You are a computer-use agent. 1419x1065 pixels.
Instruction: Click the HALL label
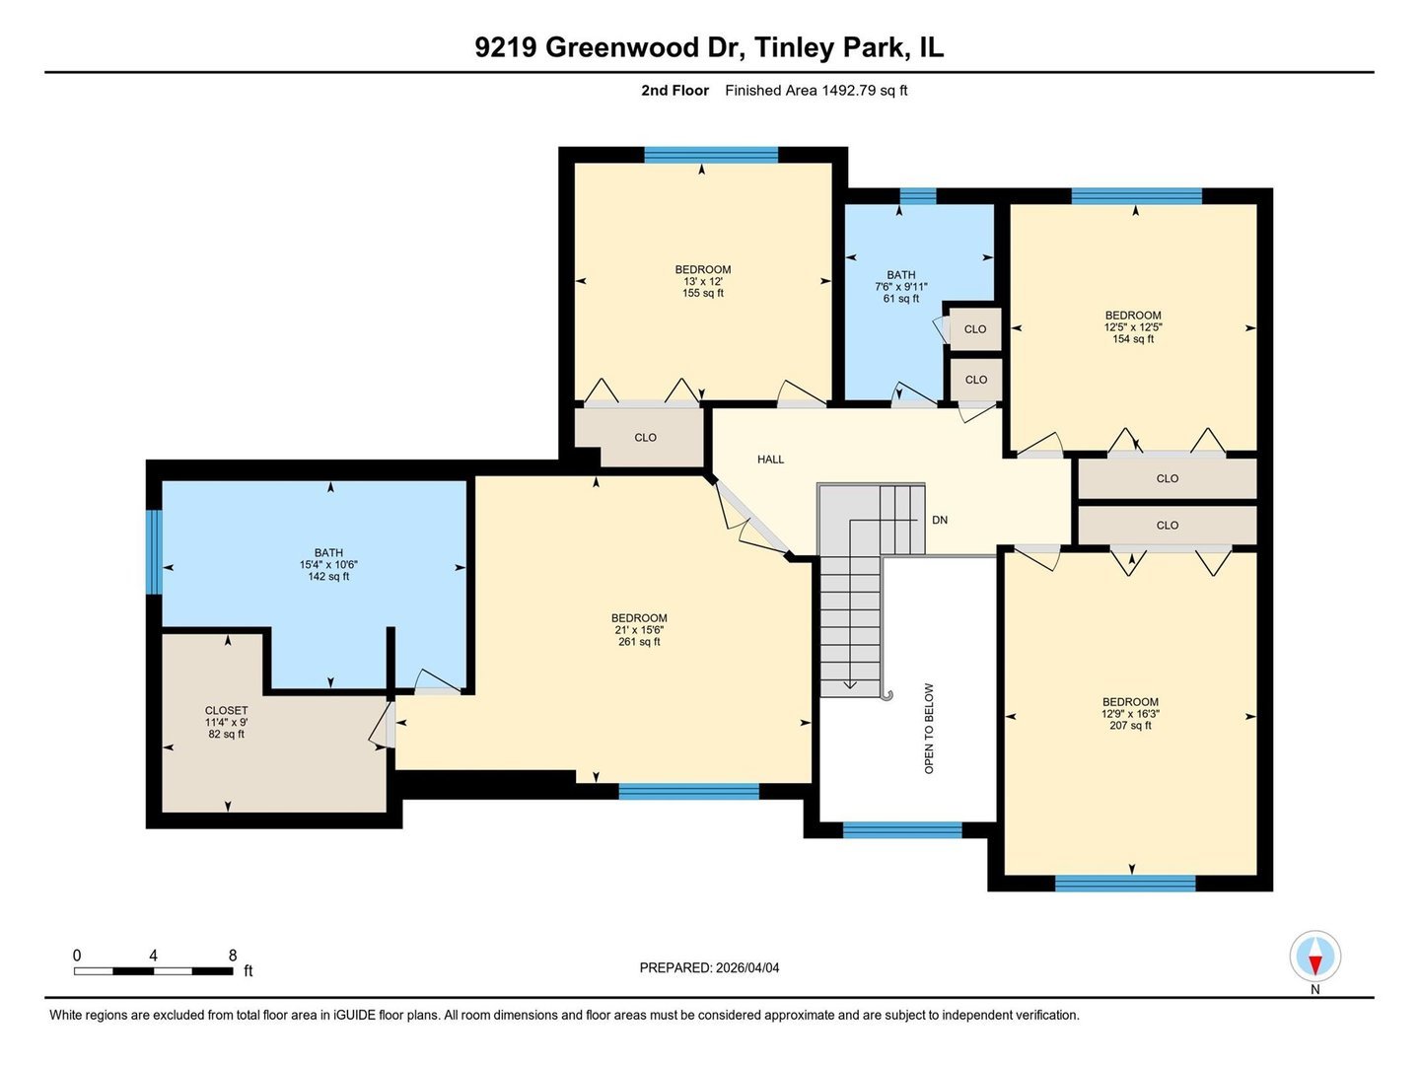770,460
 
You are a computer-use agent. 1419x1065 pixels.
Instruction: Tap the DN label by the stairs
939,520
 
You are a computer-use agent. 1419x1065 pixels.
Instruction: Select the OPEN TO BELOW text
929,728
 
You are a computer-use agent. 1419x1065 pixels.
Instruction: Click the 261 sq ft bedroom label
639,630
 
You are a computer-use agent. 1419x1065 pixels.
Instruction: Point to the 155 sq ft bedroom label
702,281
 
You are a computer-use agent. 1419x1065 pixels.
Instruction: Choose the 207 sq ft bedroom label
1130,714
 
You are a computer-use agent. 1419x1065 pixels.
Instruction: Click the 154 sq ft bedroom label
1133,327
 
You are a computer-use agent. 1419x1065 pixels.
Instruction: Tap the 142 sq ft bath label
328,565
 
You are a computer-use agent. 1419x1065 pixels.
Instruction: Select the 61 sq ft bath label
900,287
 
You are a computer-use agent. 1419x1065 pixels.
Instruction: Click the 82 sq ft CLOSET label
226,722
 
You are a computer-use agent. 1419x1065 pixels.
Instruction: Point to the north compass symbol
1314,957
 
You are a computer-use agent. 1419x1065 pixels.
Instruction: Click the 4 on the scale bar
153,956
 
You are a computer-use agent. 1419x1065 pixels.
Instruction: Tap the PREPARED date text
709,967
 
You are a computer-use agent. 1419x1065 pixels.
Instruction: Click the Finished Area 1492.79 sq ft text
816,91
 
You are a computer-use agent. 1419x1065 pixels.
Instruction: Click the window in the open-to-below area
901,830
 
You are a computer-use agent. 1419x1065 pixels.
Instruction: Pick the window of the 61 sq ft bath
917,196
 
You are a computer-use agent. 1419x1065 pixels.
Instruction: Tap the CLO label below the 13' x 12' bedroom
645,438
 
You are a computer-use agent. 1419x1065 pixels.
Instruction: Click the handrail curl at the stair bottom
887,695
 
